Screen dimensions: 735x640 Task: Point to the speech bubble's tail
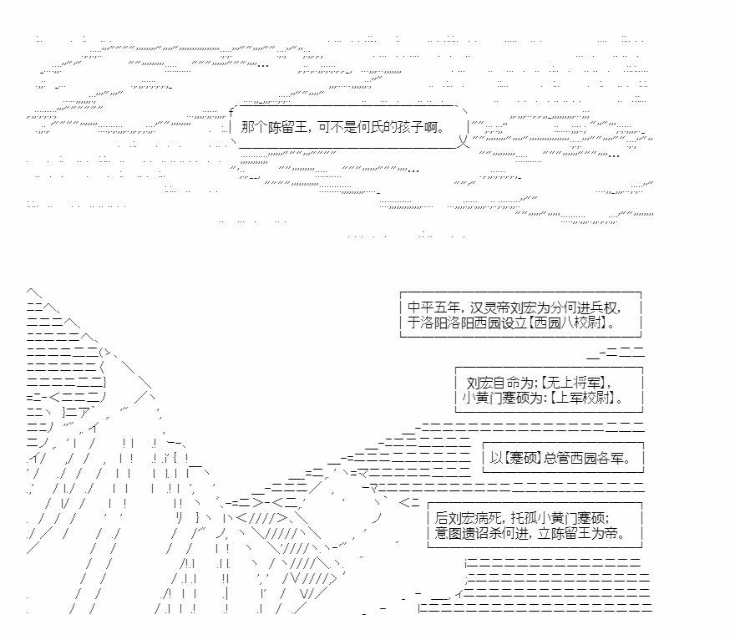(464, 140)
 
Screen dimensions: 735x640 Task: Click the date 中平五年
(434, 307)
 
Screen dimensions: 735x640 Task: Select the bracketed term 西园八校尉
(568, 323)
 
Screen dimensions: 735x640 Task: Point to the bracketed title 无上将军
(573, 383)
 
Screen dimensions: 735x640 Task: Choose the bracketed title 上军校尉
(582, 398)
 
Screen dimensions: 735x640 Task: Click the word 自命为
(514, 383)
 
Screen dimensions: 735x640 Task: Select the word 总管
(556, 458)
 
